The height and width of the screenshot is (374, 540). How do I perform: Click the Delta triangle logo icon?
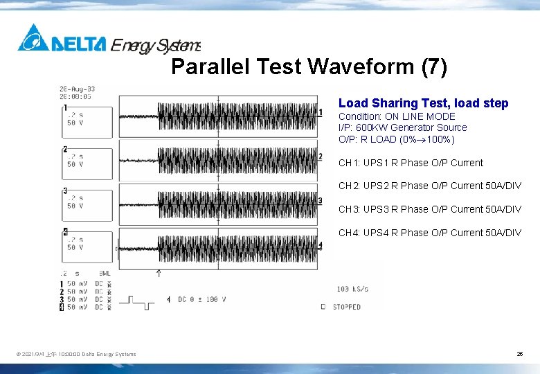[x=33, y=39]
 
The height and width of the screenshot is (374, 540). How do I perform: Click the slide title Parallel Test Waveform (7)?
[x=309, y=67]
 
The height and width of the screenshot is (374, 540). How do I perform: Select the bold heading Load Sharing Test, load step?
[x=423, y=103]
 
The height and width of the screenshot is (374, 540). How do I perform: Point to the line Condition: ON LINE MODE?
[x=397, y=116]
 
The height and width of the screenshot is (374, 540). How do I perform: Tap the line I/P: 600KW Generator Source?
[x=402, y=127]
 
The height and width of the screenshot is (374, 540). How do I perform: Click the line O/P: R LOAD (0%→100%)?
[x=396, y=139]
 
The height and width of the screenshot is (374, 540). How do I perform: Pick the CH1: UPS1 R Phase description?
[x=411, y=163]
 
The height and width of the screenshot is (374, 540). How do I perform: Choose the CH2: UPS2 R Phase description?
[x=429, y=186]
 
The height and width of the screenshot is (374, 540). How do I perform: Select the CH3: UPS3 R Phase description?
[x=429, y=209]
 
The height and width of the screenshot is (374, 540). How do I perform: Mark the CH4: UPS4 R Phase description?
[x=429, y=233]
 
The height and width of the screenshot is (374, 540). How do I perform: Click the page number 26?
[x=519, y=354]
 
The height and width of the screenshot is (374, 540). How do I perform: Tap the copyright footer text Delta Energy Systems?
[x=76, y=355]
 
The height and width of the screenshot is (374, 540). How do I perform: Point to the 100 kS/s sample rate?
[x=352, y=289]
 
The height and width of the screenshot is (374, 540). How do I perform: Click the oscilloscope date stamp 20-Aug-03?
[x=77, y=89]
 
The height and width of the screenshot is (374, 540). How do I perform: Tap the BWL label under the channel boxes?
[x=105, y=274]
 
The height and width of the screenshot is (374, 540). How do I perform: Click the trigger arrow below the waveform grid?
[x=159, y=274]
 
